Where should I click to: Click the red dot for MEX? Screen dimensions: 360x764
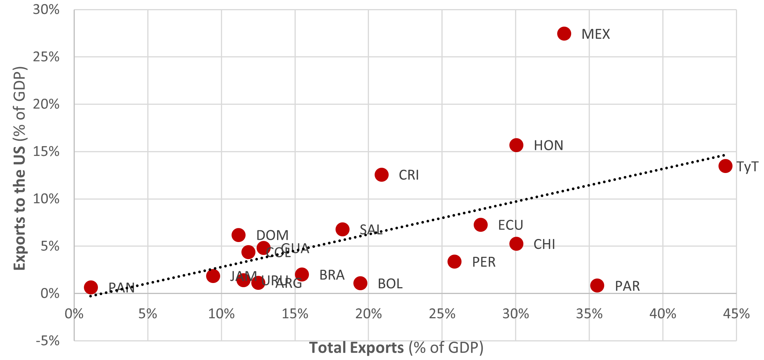pyautogui.click(x=564, y=34)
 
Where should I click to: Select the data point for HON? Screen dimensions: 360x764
pyautogui.click(x=516, y=145)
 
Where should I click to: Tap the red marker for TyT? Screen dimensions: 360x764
pyautogui.click(x=725, y=166)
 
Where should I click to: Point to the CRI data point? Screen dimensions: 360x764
pyautogui.click(x=381, y=174)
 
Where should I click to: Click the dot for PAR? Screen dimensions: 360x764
pyautogui.click(x=597, y=285)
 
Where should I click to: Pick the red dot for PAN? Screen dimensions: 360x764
pyautogui.click(x=91, y=287)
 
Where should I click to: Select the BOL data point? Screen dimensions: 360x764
pyautogui.click(x=360, y=283)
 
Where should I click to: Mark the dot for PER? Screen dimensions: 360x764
pyautogui.click(x=454, y=261)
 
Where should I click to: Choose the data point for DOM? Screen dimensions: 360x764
pyautogui.click(x=238, y=235)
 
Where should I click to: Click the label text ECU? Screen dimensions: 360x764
pyautogui.click(x=510, y=225)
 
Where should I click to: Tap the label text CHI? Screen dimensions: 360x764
pyautogui.click(x=544, y=244)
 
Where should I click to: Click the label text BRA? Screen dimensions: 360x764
pyautogui.click(x=332, y=275)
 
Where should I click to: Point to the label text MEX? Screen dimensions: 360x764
pyautogui.click(x=595, y=35)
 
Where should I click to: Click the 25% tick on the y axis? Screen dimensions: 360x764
pyautogui.click(x=46, y=57)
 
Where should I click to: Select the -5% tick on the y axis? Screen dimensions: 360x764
pyautogui.click(x=48, y=341)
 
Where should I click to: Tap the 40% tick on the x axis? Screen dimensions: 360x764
pyautogui.click(x=663, y=314)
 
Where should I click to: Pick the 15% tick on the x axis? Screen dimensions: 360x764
pyautogui.click(x=295, y=314)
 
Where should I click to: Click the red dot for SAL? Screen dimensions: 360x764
pyautogui.click(x=342, y=229)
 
